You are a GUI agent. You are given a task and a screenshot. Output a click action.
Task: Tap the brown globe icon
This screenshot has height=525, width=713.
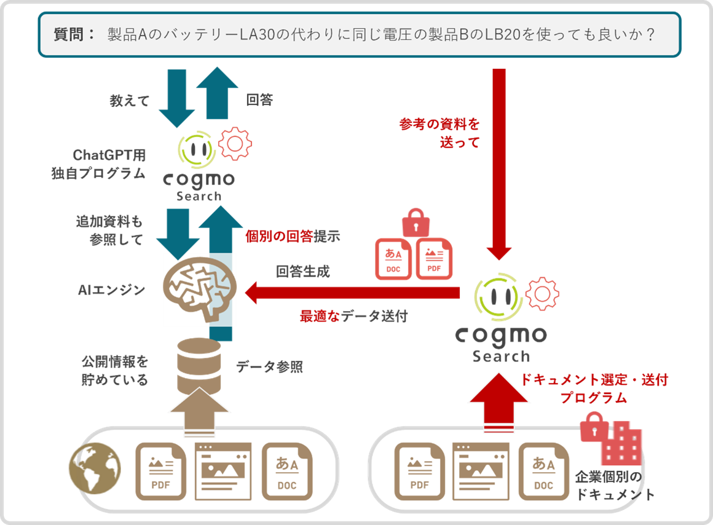(x=95, y=468)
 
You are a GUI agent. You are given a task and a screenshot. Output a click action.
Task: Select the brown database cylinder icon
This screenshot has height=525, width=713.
(x=199, y=366)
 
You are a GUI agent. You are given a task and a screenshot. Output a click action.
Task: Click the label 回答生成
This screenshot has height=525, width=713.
(x=303, y=272)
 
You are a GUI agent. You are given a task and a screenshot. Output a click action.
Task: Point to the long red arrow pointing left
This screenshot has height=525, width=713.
(x=352, y=293)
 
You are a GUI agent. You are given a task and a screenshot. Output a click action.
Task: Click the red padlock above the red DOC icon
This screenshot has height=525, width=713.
(x=416, y=223)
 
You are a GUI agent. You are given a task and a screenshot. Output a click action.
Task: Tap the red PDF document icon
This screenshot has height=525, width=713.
(x=435, y=258)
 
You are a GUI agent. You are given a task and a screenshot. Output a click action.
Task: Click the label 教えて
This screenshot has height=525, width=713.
(x=130, y=101)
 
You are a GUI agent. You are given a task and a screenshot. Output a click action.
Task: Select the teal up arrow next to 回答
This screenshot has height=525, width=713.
(x=218, y=93)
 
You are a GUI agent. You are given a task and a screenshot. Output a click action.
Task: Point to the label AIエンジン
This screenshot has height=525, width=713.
(x=111, y=290)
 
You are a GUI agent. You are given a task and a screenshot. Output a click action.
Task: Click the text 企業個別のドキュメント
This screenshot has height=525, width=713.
(x=614, y=486)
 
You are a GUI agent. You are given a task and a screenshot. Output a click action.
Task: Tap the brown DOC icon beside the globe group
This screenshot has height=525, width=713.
(x=287, y=472)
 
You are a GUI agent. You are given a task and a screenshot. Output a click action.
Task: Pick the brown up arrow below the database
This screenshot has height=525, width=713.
(x=199, y=412)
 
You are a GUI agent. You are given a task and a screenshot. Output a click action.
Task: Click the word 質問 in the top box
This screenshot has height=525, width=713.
(x=69, y=34)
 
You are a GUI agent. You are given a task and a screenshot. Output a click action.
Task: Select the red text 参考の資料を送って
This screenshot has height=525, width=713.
(x=439, y=133)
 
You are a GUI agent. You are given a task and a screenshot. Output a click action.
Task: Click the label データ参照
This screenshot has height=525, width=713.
(x=270, y=366)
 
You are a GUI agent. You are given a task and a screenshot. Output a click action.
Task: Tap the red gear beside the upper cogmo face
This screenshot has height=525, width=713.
(x=235, y=144)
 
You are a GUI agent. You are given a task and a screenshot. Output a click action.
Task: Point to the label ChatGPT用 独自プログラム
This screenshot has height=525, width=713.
(x=99, y=164)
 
